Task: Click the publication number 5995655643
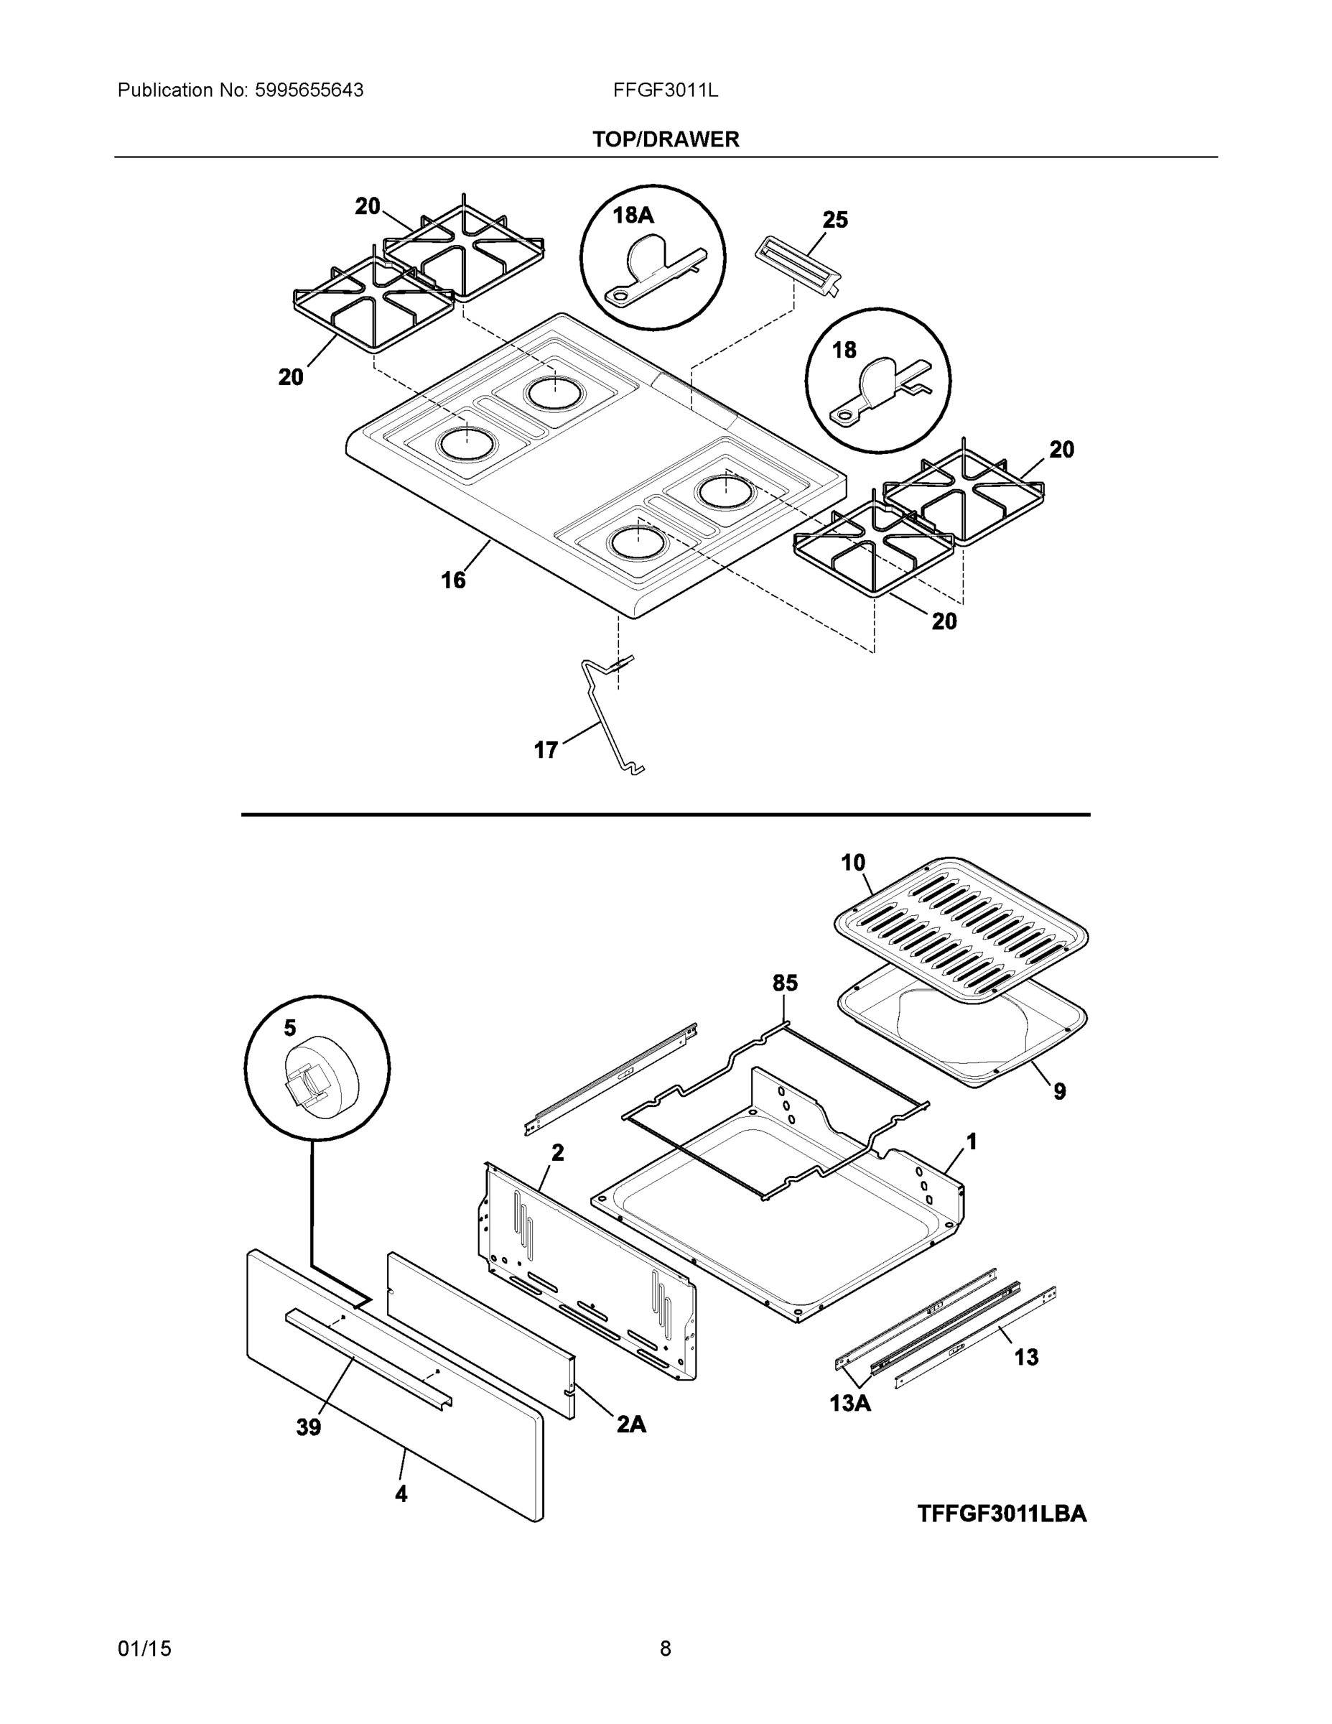(x=309, y=91)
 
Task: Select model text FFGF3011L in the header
(x=665, y=91)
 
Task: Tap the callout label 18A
(x=633, y=215)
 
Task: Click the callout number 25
(x=835, y=221)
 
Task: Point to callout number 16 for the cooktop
(x=453, y=581)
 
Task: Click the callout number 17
(x=546, y=750)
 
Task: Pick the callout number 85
(x=784, y=983)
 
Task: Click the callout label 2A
(x=630, y=1423)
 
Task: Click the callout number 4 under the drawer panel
(x=401, y=1493)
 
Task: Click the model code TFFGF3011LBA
(x=1002, y=1514)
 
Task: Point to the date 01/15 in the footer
(x=144, y=1649)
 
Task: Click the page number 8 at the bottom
(x=665, y=1649)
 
